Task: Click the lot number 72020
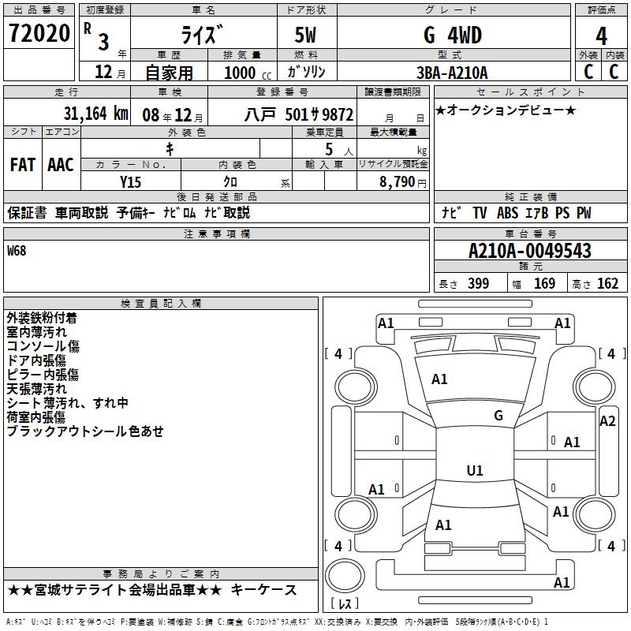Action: [x=39, y=34]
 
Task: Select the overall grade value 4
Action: [x=601, y=36]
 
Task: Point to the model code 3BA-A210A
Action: [x=452, y=73]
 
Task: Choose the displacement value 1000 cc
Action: [x=241, y=73]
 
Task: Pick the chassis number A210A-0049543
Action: [x=529, y=251]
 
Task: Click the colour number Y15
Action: [x=130, y=181]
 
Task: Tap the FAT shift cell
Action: [x=23, y=164]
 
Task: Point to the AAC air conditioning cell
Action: [x=61, y=164]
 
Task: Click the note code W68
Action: [x=17, y=251]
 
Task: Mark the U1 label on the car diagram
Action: [x=475, y=470]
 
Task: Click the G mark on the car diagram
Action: [x=498, y=416]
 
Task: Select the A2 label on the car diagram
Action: [x=607, y=420]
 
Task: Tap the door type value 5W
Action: [x=308, y=35]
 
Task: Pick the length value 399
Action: [x=479, y=284]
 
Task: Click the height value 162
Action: [x=607, y=284]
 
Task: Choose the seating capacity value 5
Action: [x=327, y=148]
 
